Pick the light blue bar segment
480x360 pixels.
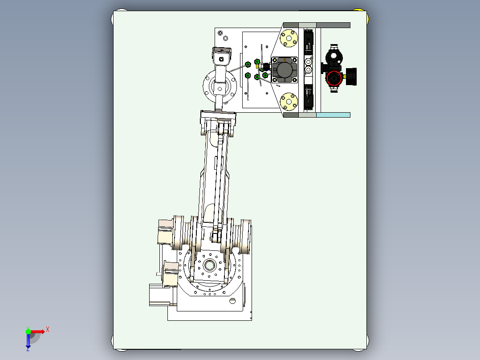click(333, 115)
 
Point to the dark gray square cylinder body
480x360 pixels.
click(285, 70)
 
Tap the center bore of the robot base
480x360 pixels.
click(209, 266)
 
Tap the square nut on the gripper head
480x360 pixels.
click(221, 58)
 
